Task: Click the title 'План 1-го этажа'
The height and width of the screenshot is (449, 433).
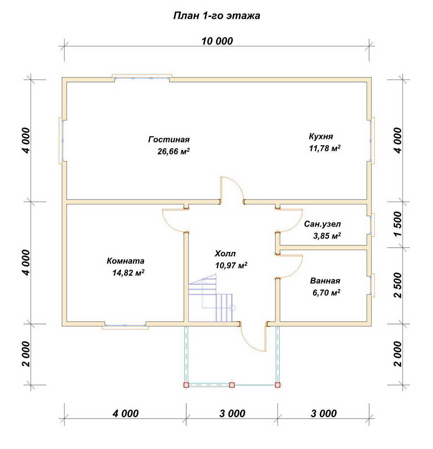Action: click(216, 16)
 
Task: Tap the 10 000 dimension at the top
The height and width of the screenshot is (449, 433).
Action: click(217, 41)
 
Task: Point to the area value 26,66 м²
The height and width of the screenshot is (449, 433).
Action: click(174, 151)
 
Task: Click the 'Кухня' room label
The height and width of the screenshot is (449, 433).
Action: click(321, 136)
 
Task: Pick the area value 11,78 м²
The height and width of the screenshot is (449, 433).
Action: click(325, 148)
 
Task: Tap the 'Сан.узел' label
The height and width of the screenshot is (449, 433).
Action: click(323, 224)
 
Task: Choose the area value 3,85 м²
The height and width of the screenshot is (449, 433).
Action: click(327, 236)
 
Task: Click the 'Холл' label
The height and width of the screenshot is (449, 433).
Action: click(225, 253)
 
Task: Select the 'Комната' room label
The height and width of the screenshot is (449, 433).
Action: click(126, 261)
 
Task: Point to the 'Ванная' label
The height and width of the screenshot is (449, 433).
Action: click(325, 281)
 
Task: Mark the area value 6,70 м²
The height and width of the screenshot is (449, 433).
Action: click(326, 292)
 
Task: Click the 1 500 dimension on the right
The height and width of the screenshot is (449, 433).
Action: click(398, 224)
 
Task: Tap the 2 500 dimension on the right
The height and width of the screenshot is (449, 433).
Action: click(398, 285)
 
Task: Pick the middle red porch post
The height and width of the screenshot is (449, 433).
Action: click(232, 385)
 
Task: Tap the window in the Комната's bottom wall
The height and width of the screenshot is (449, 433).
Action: click(125, 326)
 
